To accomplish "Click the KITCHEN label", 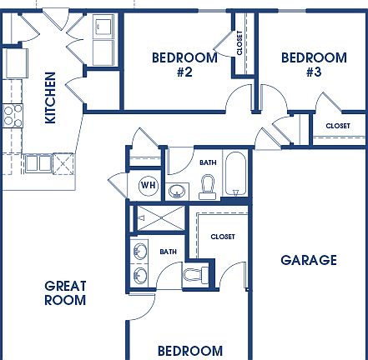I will (x=50, y=97).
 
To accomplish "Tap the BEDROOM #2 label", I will (x=184, y=65).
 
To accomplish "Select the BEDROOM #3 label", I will (x=314, y=65).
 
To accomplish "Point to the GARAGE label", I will (x=309, y=260).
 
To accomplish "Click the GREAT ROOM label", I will (x=65, y=292).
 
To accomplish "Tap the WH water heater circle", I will (x=148, y=184).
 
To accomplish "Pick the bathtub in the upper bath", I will (x=235, y=177).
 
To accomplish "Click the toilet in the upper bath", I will (x=209, y=187).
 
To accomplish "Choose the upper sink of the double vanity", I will (x=140, y=250).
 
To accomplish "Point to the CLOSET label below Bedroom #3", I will (x=338, y=126).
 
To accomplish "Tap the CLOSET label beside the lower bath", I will (x=223, y=237).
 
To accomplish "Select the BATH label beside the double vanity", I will (x=169, y=251).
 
